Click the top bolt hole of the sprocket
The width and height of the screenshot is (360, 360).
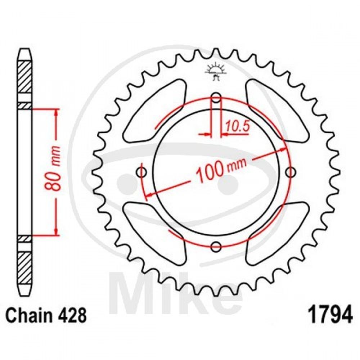tap(216, 98)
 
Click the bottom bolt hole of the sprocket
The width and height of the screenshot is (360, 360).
tap(216, 247)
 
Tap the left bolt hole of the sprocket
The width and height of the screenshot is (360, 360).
tap(141, 172)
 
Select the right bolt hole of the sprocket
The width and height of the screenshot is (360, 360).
tap(291, 172)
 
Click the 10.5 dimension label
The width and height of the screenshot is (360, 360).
tap(237, 126)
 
